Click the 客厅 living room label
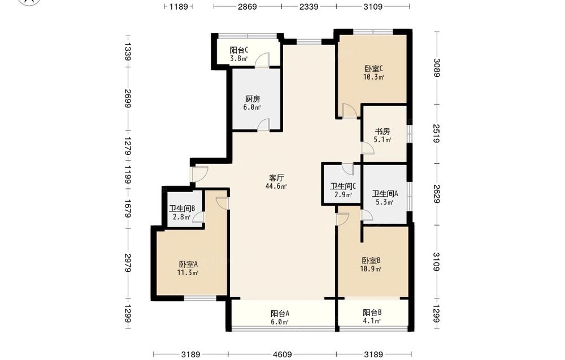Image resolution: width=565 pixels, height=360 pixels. coord(277,177)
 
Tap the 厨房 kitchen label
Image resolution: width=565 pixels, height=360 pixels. coord(253,99)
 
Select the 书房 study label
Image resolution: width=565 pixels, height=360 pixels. coord(383,132)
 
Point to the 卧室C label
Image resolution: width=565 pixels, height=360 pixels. coord(373,68)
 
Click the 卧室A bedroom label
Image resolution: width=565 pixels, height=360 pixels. coord(188,264)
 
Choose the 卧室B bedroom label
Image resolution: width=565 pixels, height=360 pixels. coord(372,261)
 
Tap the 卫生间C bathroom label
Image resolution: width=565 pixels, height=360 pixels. coord(343,186)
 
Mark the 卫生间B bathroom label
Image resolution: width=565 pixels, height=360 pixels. coord(182,209)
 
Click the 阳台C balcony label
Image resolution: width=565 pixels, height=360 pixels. coord(239,50)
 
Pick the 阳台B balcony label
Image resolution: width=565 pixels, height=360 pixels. coord(372,313)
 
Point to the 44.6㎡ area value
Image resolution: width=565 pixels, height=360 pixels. coord(276,186)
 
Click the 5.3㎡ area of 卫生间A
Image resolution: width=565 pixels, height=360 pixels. coord(384,202)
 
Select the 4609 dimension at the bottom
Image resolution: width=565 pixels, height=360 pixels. coord(282,354)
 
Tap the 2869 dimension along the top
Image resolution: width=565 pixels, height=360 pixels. coord(247,6)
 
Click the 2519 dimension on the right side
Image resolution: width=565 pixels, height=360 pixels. coord(436,134)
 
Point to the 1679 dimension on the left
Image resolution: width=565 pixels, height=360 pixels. coord(127,209)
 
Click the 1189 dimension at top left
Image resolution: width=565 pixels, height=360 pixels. coord(179,6)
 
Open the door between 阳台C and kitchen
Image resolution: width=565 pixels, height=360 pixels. coord(262,60)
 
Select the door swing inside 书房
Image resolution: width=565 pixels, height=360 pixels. coord(368,148)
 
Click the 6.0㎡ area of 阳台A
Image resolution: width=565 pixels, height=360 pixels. coord(280,322)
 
